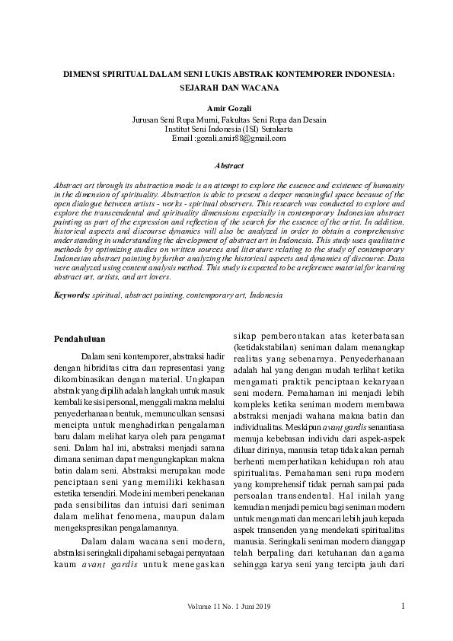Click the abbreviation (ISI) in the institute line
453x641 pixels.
(x=245, y=129)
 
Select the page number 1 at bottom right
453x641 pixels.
(x=401, y=606)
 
